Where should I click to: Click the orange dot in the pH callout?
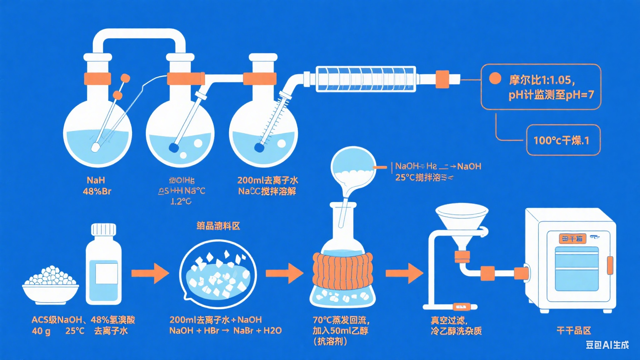495,78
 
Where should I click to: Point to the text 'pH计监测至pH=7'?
551,95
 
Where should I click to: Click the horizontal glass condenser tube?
365,78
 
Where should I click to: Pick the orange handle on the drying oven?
610,265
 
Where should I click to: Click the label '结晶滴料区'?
218,226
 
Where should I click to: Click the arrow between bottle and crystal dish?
150,273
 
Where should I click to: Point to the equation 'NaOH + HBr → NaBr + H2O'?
225,331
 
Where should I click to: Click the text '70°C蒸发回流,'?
341,320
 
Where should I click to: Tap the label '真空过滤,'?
449,320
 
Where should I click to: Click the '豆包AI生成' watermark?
607,345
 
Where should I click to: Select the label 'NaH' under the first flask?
96,180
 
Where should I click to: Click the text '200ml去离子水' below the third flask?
267,180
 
